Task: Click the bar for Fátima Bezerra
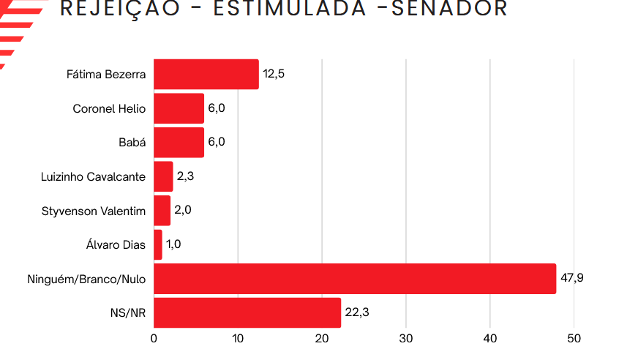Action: [206, 75]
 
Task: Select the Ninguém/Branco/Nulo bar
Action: [354, 279]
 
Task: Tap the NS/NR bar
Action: [247, 312]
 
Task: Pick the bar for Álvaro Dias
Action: [158, 244]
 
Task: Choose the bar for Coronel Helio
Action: [179, 108]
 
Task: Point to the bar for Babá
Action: [179, 142]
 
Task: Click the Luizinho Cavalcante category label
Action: [94, 176]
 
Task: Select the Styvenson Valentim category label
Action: [94, 211]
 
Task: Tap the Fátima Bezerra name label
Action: [106, 75]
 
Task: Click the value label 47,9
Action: [572, 278]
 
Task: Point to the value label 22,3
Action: [356, 312]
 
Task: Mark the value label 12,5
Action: [274, 74]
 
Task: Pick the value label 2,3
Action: [184, 176]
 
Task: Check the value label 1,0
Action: [173, 244]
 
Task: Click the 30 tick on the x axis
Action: [406, 339]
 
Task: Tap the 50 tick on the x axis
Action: [574, 339]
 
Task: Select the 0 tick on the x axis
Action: [154, 339]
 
